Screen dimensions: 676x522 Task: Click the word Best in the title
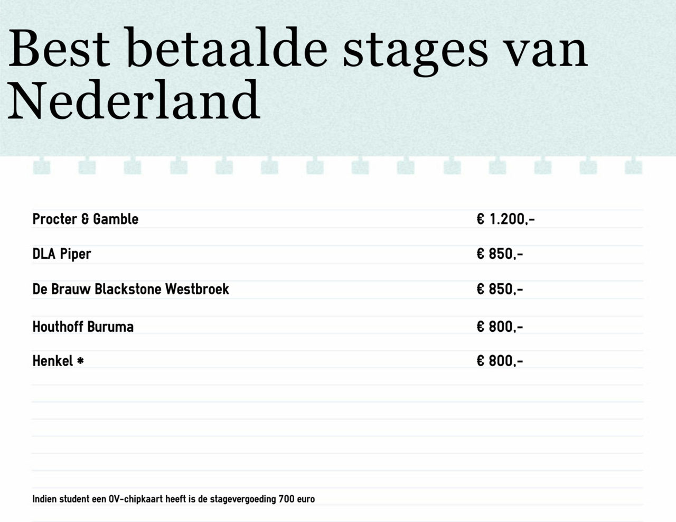(59, 48)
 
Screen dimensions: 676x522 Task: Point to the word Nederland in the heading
(134, 99)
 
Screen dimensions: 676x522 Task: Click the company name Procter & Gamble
(86, 219)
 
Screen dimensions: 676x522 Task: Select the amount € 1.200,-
(505, 219)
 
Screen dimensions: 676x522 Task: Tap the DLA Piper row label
(62, 254)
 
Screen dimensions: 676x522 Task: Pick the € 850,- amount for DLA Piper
(500, 254)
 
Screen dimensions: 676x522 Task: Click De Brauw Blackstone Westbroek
(130, 289)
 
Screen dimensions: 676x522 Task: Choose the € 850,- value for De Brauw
(500, 289)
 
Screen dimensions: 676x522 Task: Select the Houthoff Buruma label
(83, 327)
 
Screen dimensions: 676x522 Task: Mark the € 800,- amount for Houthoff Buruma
(500, 327)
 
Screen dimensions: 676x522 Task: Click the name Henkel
(53, 361)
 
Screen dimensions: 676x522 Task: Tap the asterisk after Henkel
(80, 361)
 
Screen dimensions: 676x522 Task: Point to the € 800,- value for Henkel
(500, 361)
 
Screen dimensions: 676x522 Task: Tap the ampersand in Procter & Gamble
(85, 219)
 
